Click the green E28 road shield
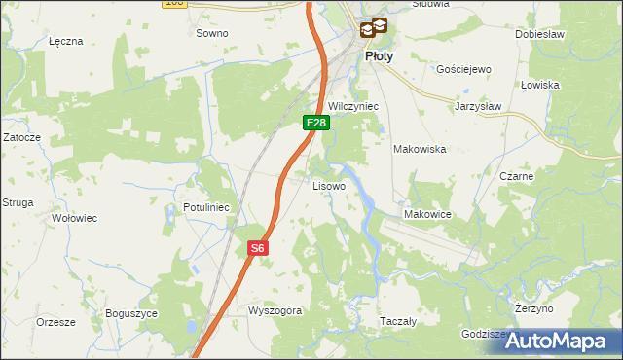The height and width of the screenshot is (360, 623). [315, 123]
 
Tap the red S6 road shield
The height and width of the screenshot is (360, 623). [256, 248]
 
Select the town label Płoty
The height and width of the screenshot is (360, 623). [379, 56]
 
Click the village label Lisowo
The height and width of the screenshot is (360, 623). [328, 185]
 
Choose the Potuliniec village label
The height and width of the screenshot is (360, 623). [205, 207]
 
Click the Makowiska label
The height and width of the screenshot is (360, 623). [419, 149]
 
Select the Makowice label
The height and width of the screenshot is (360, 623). [425, 214]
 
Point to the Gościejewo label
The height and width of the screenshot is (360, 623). [463, 70]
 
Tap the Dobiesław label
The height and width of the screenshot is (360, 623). [540, 33]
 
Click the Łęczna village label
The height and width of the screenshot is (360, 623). [66, 42]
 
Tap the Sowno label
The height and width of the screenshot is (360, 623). [211, 33]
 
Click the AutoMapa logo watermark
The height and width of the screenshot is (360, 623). [564, 341]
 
